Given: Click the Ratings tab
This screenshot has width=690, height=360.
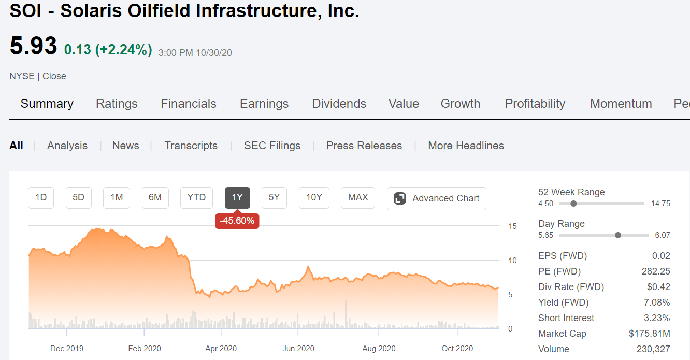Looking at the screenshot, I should [117, 104].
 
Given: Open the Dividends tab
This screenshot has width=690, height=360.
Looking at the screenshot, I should [339, 104].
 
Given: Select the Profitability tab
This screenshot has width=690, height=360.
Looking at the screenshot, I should [535, 104].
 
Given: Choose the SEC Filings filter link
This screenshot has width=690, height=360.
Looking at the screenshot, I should [272, 146].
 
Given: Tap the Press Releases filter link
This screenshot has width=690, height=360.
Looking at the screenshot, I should [364, 146].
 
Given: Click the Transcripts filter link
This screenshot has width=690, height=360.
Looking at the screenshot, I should [191, 146].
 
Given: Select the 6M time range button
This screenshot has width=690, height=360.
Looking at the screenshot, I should [155, 197].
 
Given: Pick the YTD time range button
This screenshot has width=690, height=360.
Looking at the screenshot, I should [196, 197].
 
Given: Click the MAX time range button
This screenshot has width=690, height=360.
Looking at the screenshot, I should [358, 197].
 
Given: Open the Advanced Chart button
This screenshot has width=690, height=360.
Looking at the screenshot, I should [436, 198].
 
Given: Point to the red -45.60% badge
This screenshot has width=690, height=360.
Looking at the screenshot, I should [237, 221].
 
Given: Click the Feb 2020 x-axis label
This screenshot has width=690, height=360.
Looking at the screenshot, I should [145, 349].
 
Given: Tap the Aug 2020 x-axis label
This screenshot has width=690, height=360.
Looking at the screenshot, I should [379, 349].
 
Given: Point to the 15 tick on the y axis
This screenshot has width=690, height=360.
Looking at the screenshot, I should [512, 226].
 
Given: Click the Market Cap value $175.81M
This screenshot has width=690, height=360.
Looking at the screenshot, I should [649, 334].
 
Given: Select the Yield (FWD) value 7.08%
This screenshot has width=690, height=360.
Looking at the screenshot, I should [657, 303].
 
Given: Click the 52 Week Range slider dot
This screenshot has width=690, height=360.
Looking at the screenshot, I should [573, 204].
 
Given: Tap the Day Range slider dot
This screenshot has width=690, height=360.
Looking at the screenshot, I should [617, 235].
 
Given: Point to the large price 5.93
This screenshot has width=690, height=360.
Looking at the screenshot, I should [33, 46].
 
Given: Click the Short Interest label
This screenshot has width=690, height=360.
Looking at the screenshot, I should [566, 318].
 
